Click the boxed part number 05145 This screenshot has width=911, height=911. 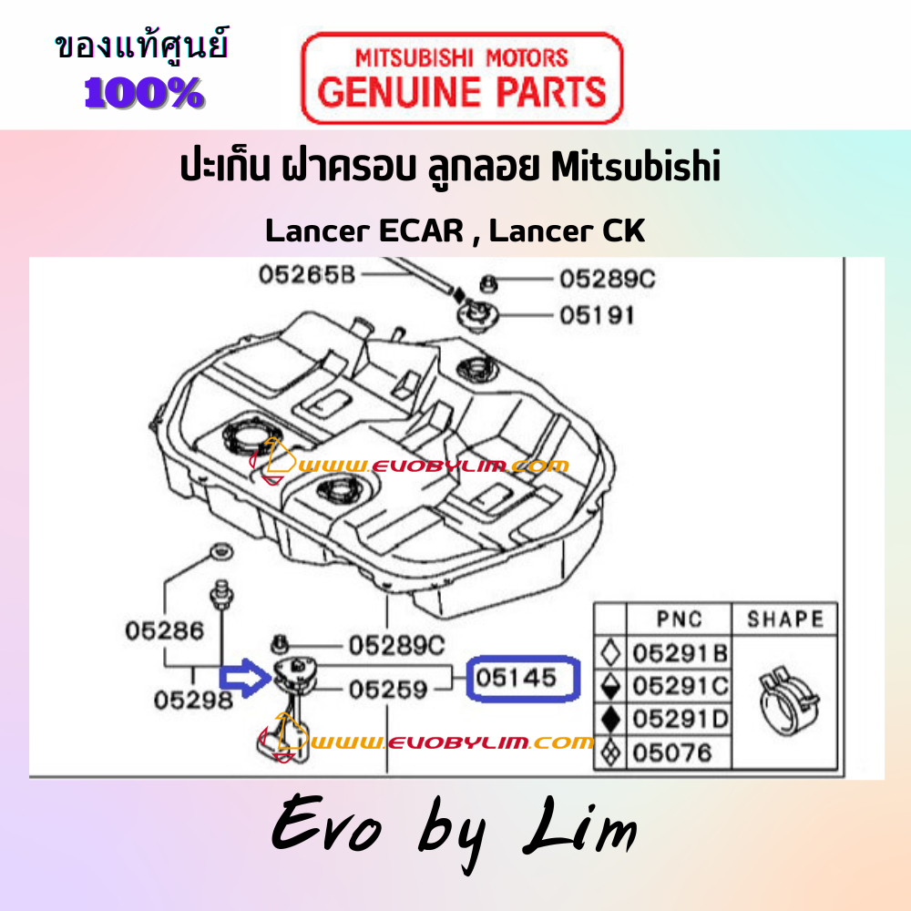pyautogui.click(x=516, y=678)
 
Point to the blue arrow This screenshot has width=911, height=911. pyautogui.click(x=244, y=678)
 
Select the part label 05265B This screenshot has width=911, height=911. pyautogui.click(x=306, y=275)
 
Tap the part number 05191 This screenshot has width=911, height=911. pyautogui.click(x=597, y=315)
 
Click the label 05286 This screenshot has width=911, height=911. pyautogui.click(x=164, y=631)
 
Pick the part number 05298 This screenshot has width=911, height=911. pyautogui.click(x=193, y=700)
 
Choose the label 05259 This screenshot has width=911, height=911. pyautogui.click(x=388, y=690)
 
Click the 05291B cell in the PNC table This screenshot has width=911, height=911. pyautogui.click(x=680, y=653)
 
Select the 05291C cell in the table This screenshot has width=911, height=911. pyautogui.click(x=680, y=686)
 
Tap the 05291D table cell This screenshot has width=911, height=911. pyautogui.click(x=680, y=720)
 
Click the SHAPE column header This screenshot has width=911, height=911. pyautogui.click(x=785, y=619)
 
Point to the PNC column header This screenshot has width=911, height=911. pyautogui.click(x=680, y=619)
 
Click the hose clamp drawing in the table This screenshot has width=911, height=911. pyautogui.click(x=788, y=701)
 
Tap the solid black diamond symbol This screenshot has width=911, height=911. pyautogui.click(x=610, y=720)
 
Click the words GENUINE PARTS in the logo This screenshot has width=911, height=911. pyautogui.click(x=462, y=92)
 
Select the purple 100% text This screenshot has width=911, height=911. pyautogui.click(x=144, y=93)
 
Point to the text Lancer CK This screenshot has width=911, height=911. pyautogui.click(x=567, y=230)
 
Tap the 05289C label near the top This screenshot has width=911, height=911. pyautogui.click(x=607, y=279)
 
